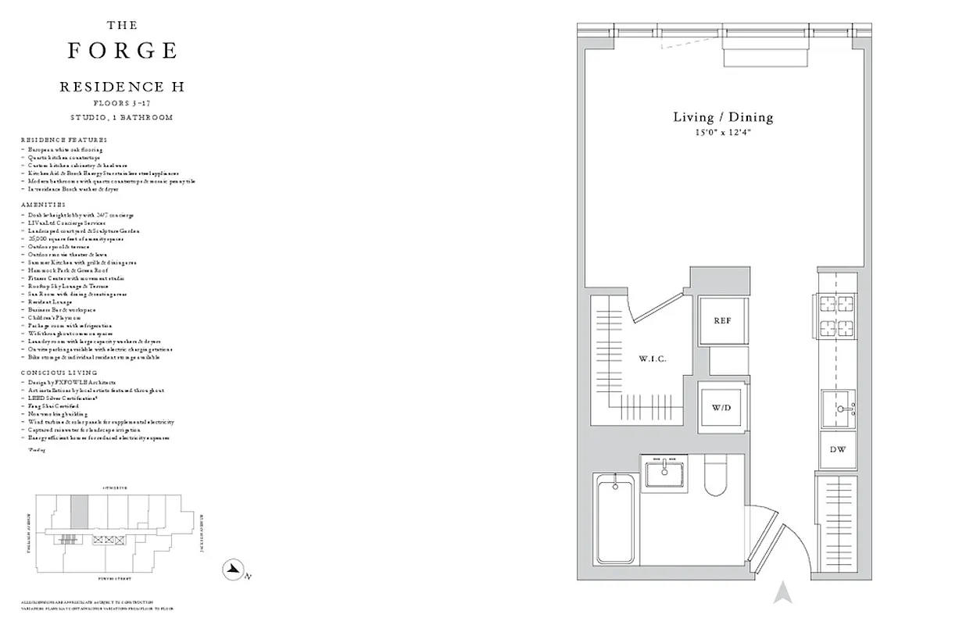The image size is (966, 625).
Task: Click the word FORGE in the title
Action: coord(122,51)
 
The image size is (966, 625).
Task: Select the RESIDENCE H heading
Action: coord(122,87)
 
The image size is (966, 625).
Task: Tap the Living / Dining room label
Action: coord(723,117)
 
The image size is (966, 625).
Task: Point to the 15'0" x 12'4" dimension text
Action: coord(723,133)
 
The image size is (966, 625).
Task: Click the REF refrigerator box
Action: coord(721,321)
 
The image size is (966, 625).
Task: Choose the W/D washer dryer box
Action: coord(721,408)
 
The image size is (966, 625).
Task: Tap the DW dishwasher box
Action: coord(837,450)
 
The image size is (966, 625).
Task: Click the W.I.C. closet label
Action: coord(651,359)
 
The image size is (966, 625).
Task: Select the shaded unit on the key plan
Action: coord(79,512)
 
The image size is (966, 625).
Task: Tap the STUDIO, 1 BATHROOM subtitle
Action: coord(122,117)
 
